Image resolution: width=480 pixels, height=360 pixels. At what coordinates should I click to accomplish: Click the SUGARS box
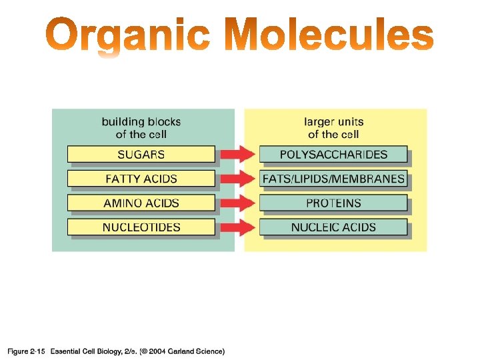[141, 154]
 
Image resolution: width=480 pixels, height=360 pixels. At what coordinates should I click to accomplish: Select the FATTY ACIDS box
[141, 179]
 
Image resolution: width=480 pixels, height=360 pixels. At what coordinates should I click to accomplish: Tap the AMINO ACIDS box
[141, 203]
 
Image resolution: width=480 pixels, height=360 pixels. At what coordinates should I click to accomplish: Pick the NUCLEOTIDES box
[141, 227]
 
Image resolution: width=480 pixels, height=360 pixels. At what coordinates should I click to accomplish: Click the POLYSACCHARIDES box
[333, 154]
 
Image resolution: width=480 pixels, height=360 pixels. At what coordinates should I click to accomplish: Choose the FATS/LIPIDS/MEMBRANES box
[333, 179]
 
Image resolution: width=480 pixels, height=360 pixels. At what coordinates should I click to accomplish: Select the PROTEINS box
[333, 203]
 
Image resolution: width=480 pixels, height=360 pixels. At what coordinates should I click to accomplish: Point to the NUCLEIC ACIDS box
[333, 227]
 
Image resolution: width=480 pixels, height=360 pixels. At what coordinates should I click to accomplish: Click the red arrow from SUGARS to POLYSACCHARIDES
[237, 154]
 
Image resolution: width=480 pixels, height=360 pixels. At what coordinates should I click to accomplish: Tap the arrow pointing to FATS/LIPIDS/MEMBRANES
[237, 179]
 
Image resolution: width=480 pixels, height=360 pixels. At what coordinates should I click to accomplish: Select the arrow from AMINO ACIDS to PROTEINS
[237, 203]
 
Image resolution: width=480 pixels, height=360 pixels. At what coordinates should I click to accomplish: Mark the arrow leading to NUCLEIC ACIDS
[237, 227]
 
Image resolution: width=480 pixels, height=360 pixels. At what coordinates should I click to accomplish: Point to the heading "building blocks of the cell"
[141, 128]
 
